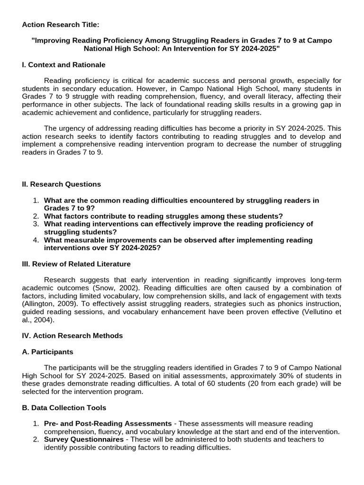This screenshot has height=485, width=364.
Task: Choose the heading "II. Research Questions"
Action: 62,184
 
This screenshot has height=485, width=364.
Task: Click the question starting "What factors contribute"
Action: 164,216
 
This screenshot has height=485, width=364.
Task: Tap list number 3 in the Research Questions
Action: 36,224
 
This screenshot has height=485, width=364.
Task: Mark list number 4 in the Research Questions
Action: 36,240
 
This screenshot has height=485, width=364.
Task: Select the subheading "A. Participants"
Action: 48,352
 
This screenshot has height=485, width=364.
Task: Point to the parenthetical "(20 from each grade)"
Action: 271,384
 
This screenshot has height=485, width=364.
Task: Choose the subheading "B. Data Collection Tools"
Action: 64,407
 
